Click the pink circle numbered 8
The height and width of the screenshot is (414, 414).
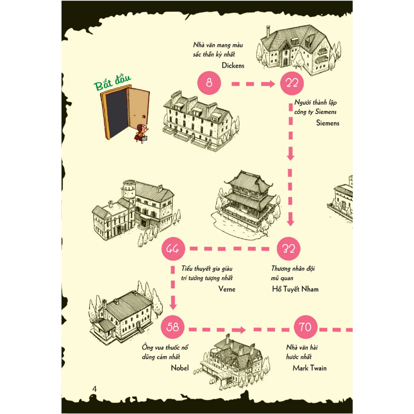tap(209, 83)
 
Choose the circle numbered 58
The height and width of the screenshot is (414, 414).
tap(173, 328)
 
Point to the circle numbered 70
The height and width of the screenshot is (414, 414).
tap(305, 328)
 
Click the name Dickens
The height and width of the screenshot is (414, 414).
tap(233, 66)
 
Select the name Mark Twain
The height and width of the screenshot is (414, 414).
tap(310, 368)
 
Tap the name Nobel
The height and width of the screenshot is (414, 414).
tap(180, 368)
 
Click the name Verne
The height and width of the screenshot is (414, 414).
tap(227, 289)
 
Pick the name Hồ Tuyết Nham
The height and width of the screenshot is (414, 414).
tap(295, 289)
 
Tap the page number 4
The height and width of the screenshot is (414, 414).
tap(95, 389)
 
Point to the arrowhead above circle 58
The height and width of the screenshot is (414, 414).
tap(173, 304)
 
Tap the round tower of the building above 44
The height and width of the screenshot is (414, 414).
tap(129, 193)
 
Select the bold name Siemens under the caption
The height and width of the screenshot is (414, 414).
tap(328, 123)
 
